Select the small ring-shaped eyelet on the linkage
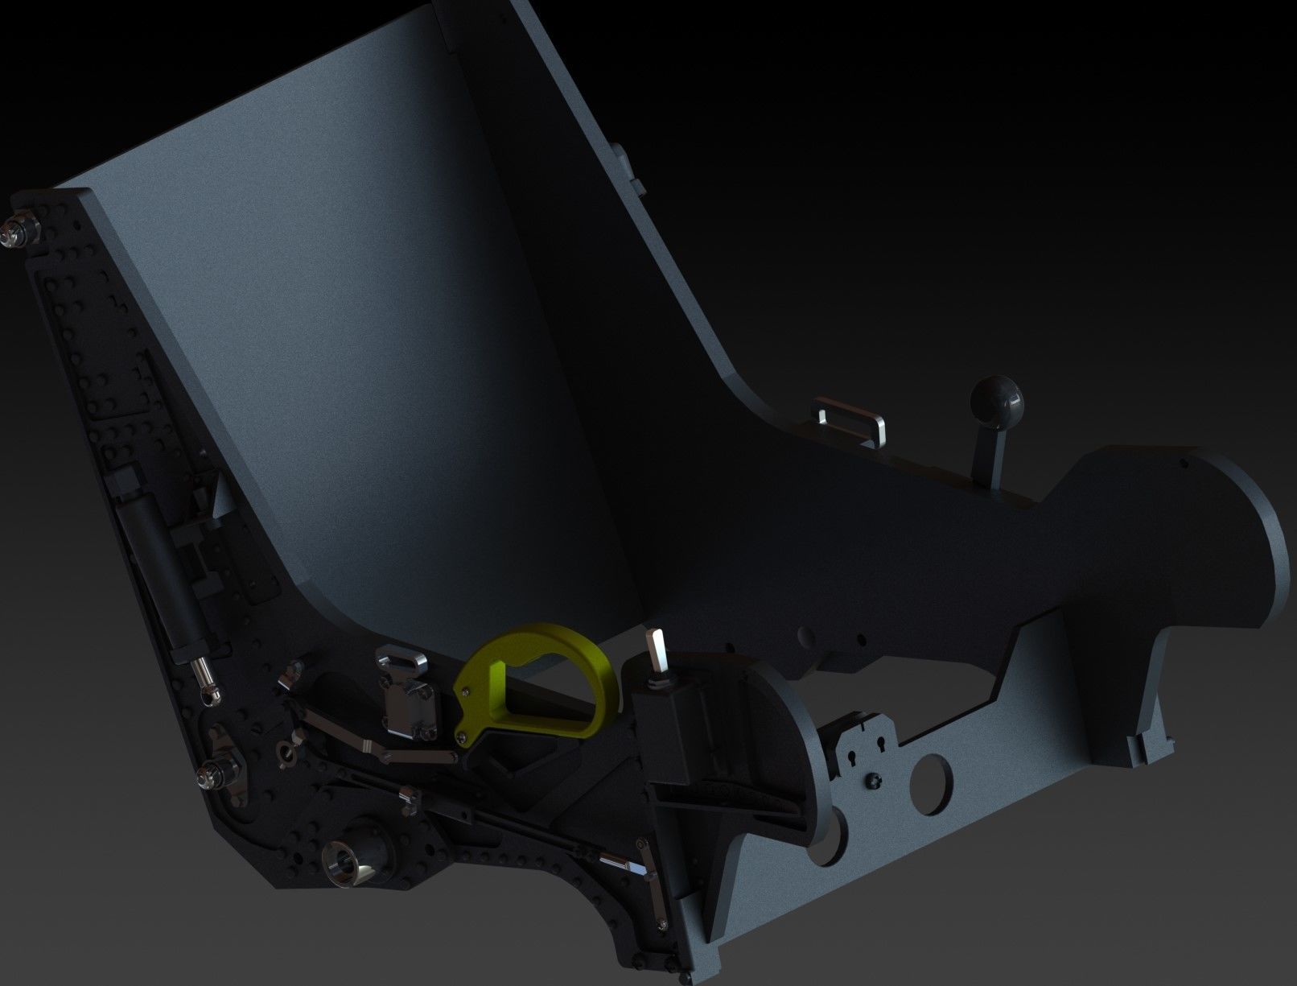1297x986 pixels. [282, 751]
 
